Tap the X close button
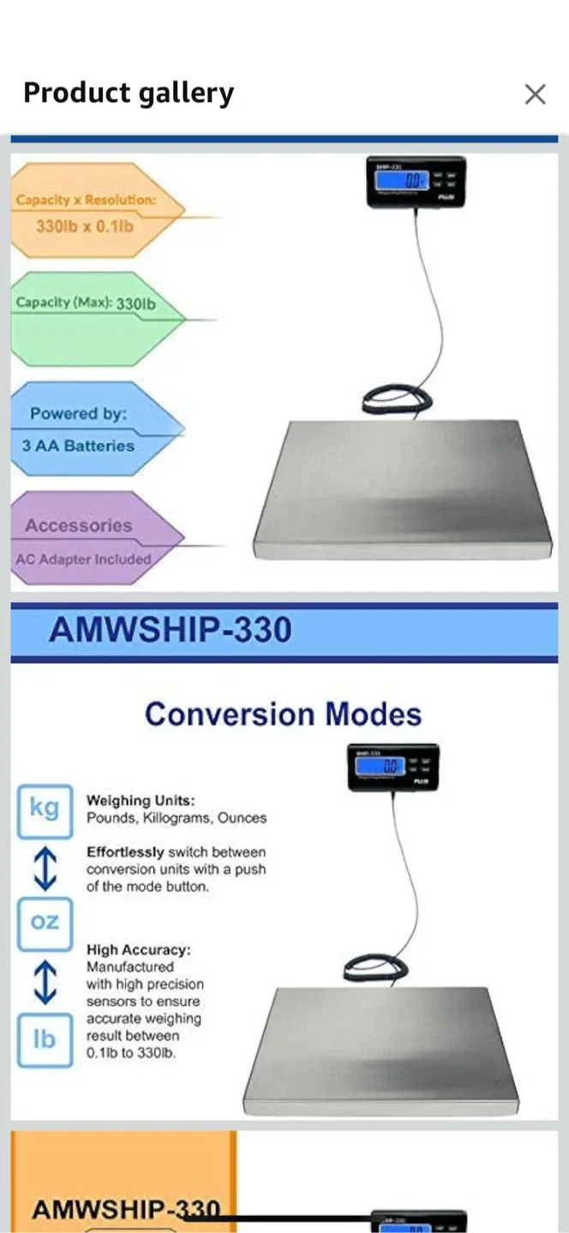tap(535, 94)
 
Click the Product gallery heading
tap(129, 92)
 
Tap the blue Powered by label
tap(79, 414)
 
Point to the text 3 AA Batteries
tap(79, 446)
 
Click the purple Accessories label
tap(79, 526)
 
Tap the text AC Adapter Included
tap(83, 559)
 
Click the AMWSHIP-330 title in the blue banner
tap(171, 630)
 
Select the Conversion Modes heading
tap(283, 714)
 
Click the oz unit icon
tap(45, 923)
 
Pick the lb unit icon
tap(45, 1040)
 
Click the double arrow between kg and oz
tap(45, 867)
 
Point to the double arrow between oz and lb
tap(45, 981)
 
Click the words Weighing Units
tap(141, 801)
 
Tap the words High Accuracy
tap(138, 950)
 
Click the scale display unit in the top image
tap(416, 182)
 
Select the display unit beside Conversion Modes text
tap(393, 766)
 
